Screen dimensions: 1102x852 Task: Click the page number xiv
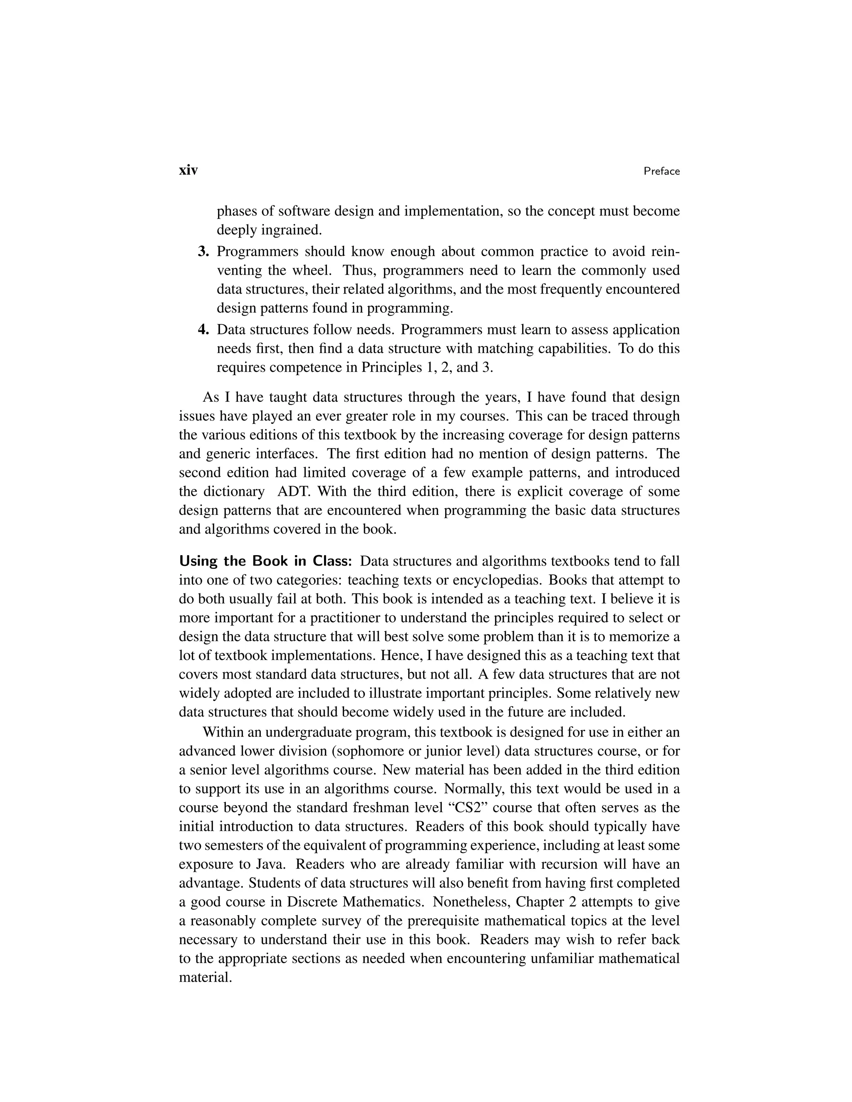click(x=188, y=170)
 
